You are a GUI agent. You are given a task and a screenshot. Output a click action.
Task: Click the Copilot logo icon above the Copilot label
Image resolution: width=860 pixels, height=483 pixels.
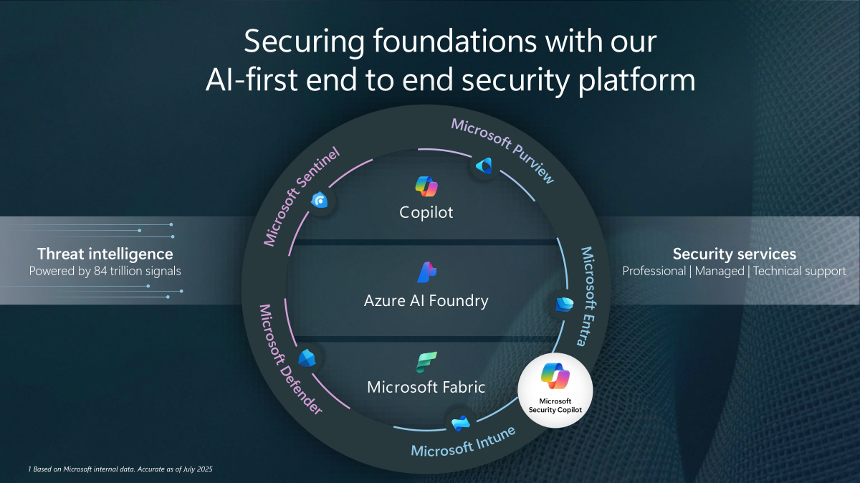click(426, 186)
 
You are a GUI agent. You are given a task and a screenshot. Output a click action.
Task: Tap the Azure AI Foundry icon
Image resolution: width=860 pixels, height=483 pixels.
click(426, 272)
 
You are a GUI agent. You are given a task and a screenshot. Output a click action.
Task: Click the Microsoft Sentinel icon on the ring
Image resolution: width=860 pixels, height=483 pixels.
click(320, 201)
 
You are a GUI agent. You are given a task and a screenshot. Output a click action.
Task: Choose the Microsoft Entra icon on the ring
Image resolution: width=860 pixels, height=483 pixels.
click(564, 304)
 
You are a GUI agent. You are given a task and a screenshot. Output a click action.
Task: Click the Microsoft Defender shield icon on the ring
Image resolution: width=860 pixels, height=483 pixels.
click(307, 358)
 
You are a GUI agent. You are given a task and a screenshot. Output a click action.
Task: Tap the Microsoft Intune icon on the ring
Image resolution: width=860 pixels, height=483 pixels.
click(460, 422)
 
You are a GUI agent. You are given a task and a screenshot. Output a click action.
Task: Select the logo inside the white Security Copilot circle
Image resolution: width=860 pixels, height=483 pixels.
click(555, 376)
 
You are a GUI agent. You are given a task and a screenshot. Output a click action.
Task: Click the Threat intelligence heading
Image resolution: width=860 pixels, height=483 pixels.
click(105, 254)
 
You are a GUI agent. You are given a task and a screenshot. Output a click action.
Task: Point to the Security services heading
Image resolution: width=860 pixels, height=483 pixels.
click(734, 254)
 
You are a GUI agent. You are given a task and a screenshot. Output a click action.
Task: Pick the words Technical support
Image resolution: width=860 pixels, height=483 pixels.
click(800, 272)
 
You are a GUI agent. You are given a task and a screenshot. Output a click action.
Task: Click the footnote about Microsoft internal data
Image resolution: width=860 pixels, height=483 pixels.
click(120, 469)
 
